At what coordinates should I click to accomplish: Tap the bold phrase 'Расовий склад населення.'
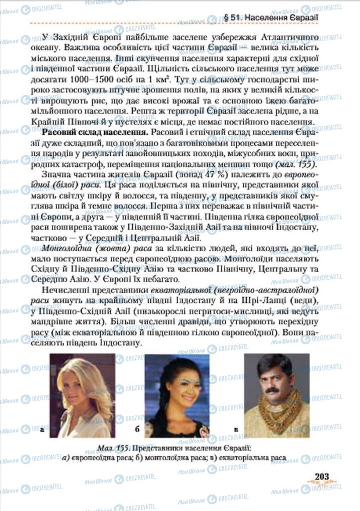click(95, 133)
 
